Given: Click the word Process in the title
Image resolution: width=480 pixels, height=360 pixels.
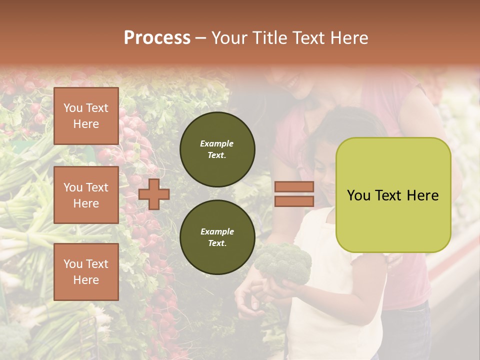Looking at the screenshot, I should [157, 38].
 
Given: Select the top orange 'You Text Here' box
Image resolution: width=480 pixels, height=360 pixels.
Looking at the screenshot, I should [86, 116].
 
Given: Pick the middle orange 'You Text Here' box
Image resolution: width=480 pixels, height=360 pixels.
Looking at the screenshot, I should [86, 195].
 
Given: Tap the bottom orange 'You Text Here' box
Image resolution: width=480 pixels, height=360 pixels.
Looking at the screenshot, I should [86, 272].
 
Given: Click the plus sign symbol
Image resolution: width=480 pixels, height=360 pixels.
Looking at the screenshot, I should [153, 194].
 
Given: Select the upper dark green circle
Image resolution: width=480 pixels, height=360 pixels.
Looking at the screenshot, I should [217, 149].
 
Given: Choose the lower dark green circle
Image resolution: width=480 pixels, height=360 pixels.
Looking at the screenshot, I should [217, 237].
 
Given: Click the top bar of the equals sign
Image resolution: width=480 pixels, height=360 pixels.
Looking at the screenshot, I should [294, 187].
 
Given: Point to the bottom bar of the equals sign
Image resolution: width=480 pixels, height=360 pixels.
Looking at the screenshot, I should [294, 201].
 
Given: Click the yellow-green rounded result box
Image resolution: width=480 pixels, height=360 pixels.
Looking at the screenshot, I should [393, 195].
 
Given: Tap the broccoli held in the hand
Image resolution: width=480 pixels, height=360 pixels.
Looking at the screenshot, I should [284, 262].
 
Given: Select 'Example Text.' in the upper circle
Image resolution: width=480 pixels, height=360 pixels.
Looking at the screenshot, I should [217, 149].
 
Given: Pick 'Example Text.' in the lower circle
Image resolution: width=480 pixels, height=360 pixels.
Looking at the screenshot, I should [217, 237].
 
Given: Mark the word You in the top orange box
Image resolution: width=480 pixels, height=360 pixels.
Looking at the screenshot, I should [73, 108].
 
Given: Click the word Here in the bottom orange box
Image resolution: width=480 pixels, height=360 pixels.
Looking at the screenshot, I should [86, 280].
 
